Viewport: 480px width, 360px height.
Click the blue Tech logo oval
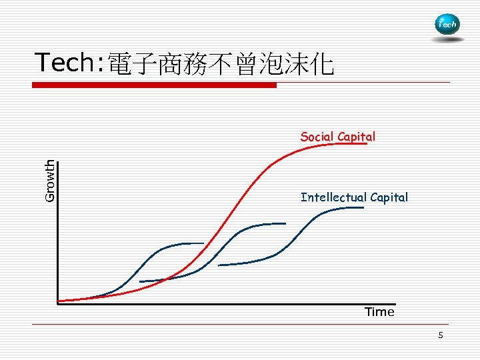[x=446, y=25]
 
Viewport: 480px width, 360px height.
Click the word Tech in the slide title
[x=65, y=63]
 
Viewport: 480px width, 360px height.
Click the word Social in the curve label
[x=317, y=137]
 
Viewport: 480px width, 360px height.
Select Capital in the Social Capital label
[x=356, y=137]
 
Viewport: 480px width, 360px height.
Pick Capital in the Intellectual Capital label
[x=389, y=197]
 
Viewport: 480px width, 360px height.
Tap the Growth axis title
[x=50, y=180]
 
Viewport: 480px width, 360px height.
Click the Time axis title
[x=379, y=312]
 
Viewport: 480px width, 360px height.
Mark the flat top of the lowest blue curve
[x=190, y=243]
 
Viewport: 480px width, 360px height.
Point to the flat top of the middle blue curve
[x=270, y=223]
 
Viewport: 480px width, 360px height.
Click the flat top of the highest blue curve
[x=347, y=208]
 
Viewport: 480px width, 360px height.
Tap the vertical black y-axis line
[x=58, y=233]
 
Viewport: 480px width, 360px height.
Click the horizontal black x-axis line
[x=227, y=303]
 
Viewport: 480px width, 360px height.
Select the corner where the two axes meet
[x=58, y=303]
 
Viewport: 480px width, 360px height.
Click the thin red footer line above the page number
[x=240, y=325]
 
